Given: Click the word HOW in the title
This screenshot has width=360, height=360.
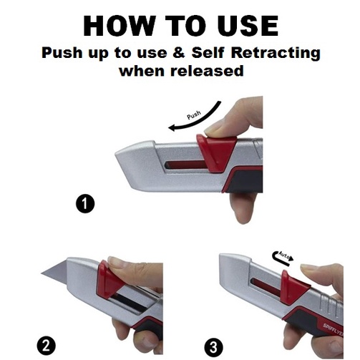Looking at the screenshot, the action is point(119,26).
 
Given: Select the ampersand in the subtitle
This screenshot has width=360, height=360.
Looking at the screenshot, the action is point(179,52).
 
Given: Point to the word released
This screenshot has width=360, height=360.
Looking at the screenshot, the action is point(207,71).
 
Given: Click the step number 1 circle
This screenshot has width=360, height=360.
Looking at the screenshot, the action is point(85,203).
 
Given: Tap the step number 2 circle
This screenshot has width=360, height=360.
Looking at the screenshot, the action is point(47,346).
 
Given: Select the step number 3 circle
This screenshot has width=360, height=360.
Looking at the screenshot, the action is point(214,347).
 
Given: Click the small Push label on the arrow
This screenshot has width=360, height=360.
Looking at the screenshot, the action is point(194,115).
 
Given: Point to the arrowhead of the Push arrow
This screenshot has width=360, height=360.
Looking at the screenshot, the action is point(172,128).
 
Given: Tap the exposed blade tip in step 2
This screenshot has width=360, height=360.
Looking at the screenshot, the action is point(42,273).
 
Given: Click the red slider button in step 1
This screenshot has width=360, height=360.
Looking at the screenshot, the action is point(215,152).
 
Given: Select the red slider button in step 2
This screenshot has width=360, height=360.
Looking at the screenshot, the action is point(109,280).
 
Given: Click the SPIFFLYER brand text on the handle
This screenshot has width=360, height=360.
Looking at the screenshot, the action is point(334,330).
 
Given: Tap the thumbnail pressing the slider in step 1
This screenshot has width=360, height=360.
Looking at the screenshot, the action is point(213,130).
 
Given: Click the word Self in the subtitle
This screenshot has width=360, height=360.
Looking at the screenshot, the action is point(208,52).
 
